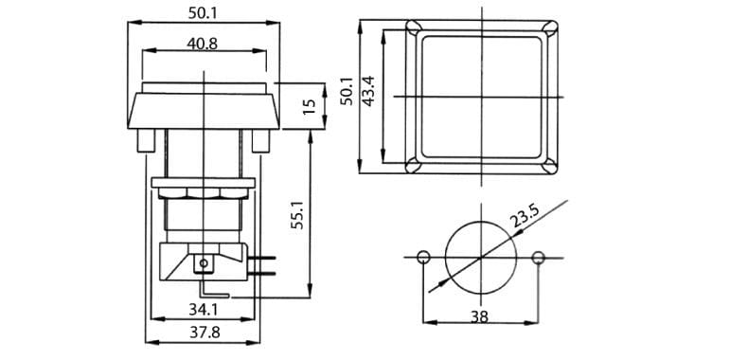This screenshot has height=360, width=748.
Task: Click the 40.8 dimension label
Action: [203, 44]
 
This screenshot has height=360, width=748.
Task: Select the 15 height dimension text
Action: [310, 106]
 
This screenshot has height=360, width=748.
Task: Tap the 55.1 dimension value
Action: [297, 214]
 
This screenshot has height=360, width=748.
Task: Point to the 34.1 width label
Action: [203, 310]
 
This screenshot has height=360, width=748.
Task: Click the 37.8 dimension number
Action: [205, 333]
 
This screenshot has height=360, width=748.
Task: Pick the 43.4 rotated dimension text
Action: [367, 91]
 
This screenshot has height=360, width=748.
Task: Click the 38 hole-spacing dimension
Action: [479, 316]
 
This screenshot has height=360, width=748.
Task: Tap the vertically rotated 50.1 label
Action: [347, 91]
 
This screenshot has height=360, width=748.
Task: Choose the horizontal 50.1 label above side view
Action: [203, 13]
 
